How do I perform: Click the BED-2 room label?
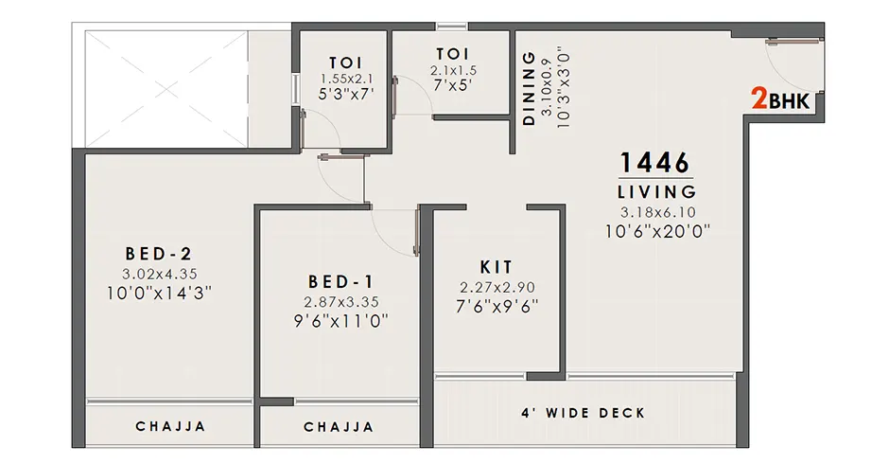pyautogui.click(x=159, y=253)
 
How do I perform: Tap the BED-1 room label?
pyautogui.click(x=340, y=281)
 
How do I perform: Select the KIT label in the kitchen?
pyautogui.click(x=497, y=267)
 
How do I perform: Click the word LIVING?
pyautogui.click(x=656, y=192)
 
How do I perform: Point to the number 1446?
pyautogui.click(x=655, y=163)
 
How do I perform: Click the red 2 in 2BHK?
pyautogui.click(x=759, y=98)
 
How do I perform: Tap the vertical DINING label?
pyautogui.click(x=529, y=88)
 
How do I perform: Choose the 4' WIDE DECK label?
pyautogui.click(x=583, y=413)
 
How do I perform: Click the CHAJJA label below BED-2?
pyautogui.click(x=170, y=426)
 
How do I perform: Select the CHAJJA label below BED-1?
pyautogui.click(x=339, y=426)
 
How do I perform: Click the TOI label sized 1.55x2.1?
pyautogui.click(x=346, y=62)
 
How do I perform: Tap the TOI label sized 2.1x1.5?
pyautogui.click(x=453, y=54)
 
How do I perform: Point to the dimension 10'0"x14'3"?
pyautogui.click(x=159, y=294)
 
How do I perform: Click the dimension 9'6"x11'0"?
pyautogui.click(x=340, y=321)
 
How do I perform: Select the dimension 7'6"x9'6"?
pyautogui.click(x=497, y=307)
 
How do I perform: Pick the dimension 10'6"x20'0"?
pyautogui.click(x=657, y=232)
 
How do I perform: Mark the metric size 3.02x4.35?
pyautogui.click(x=160, y=274)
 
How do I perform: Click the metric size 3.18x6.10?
pyautogui.click(x=657, y=212)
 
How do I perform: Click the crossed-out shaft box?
pyautogui.click(x=166, y=89)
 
